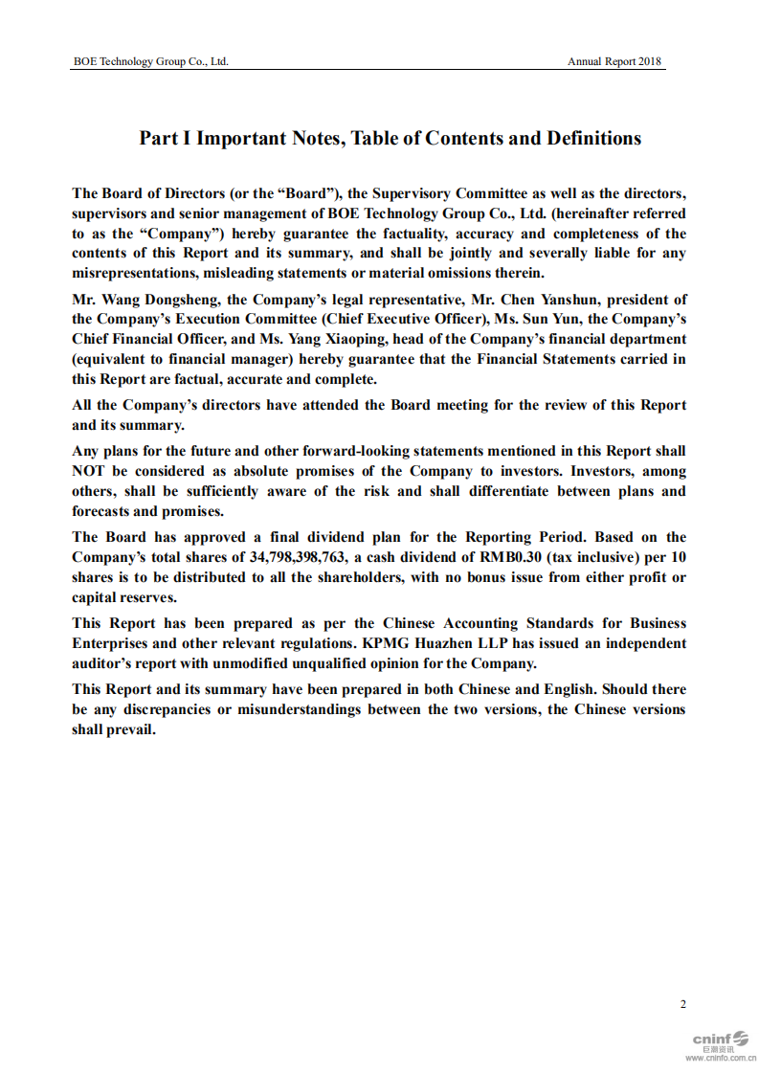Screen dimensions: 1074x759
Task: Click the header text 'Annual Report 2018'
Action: pos(614,61)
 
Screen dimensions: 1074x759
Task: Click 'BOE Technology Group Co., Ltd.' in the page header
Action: pos(151,61)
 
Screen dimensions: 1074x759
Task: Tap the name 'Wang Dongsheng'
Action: pos(164,299)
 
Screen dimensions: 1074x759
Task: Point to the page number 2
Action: pos(682,1003)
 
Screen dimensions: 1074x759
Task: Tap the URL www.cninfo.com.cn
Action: pos(720,1059)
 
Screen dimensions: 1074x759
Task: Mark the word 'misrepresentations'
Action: pos(134,273)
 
